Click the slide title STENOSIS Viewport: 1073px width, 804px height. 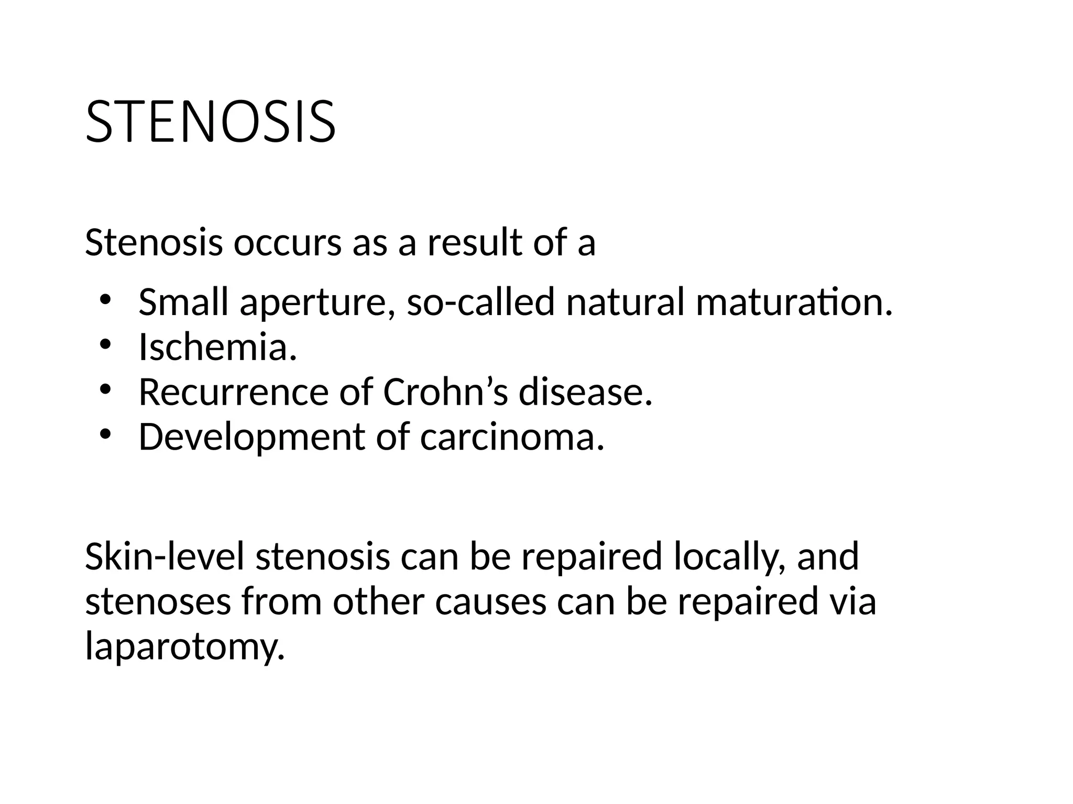(x=210, y=121)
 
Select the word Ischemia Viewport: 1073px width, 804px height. (x=217, y=347)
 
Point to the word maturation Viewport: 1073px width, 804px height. (x=793, y=303)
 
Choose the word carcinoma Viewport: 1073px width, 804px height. (x=512, y=437)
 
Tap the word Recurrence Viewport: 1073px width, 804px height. (x=233, y=393)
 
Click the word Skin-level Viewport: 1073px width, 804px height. (x=165, y=556)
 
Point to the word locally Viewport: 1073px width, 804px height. (x=729, y=557)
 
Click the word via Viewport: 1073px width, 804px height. (x=852, y=601)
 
